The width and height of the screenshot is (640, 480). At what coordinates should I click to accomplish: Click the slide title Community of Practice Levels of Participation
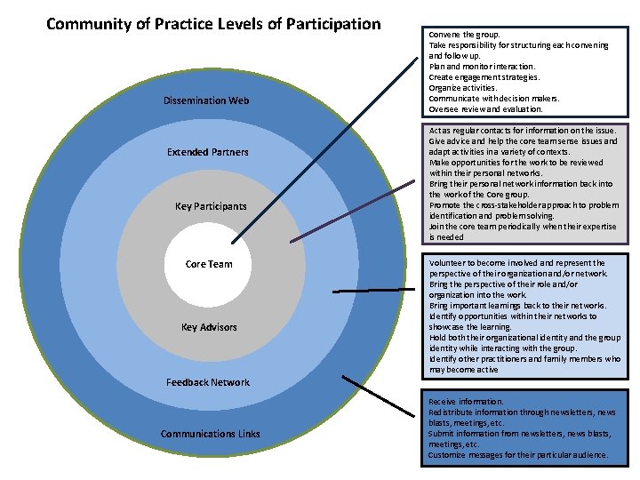[x=213, y=24]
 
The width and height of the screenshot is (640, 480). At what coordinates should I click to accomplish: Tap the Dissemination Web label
[x=206, y=100]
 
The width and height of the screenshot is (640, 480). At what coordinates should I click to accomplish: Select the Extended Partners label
[x=208, y=152]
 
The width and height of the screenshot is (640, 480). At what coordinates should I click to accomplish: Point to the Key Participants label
[x=211, y=206]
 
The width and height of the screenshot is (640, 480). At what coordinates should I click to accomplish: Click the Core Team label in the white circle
[x=209, y=264]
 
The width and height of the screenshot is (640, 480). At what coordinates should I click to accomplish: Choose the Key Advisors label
[x=209, y=327]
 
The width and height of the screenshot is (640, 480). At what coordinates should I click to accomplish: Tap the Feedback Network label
[x=208, y=382]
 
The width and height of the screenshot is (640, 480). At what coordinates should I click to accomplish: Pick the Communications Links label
[x=211, y=434]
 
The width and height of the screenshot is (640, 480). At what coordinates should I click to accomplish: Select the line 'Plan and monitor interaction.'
[x=482, y=67]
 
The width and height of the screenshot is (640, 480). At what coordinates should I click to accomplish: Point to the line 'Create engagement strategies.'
[x=484, y=77]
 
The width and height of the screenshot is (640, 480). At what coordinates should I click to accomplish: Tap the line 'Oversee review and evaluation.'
[x=485, y=109]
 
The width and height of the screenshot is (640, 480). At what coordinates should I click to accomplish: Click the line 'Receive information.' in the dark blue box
[x=466, y=402]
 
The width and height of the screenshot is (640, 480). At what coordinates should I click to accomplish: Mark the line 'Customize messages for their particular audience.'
[x=517, y=455]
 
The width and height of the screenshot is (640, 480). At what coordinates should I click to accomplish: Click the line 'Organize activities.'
[x=462, y=88]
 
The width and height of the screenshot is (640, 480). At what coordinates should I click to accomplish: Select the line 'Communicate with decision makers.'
[x=494, y=99]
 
